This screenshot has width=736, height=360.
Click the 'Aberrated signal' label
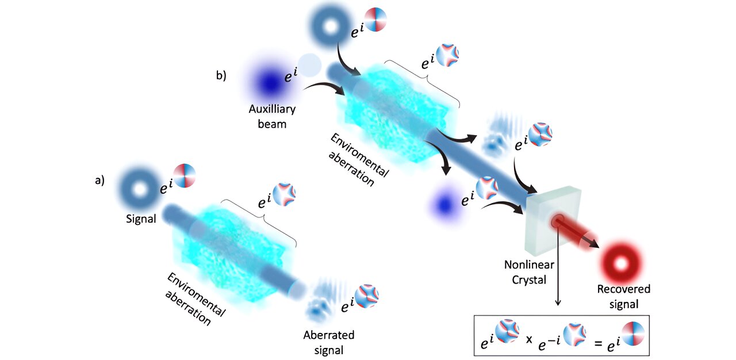pos(329,342)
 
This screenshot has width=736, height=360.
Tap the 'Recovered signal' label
pos(623,296)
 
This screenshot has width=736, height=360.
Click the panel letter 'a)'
pos(100,180)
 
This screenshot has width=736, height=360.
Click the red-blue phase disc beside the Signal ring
pos(185,176)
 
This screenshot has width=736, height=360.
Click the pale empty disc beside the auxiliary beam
pos(309,66)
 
